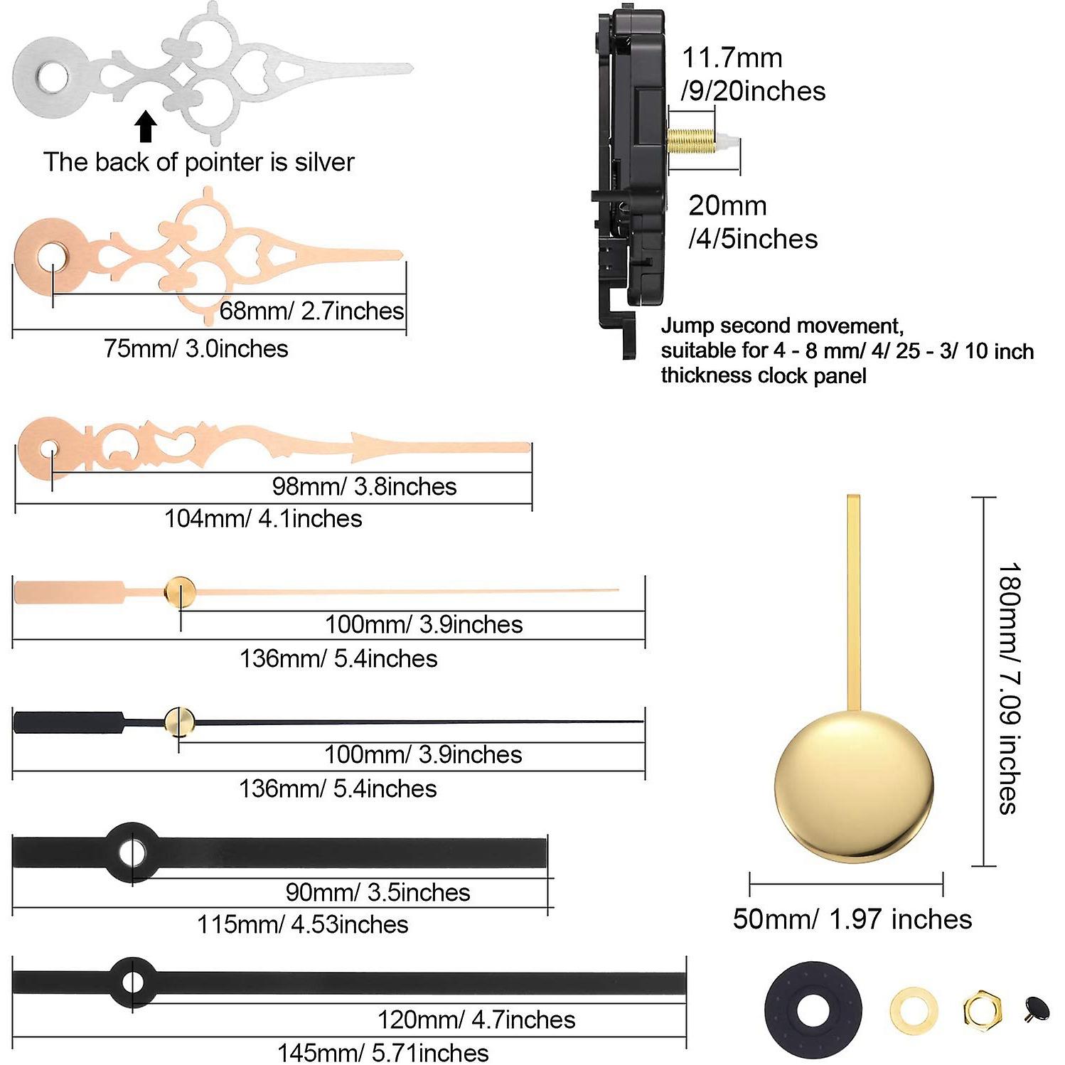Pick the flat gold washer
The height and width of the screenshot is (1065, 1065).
[x=913, y=1010]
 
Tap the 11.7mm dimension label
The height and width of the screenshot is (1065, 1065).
[x=732, y=58]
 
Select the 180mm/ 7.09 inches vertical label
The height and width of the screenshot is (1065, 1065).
[x=1009, y=687]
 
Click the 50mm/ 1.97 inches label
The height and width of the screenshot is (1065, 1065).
[x=852, y=919]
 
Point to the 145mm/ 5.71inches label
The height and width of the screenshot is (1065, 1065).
[x=382, y=1052]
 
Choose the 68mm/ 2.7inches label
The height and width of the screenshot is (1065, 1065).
[x=311, y=311]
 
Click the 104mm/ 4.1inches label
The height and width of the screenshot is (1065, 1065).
[x=263, y=518]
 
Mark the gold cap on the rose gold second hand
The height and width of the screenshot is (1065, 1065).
[x=181, y=591]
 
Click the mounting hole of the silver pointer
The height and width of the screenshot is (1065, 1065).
[x=53, y=78]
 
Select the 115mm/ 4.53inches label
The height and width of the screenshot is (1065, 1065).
[x=303, y=924]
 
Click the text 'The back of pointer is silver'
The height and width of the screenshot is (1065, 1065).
[x=199, y=162]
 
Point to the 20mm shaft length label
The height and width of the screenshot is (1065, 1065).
[x=727, y=205]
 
